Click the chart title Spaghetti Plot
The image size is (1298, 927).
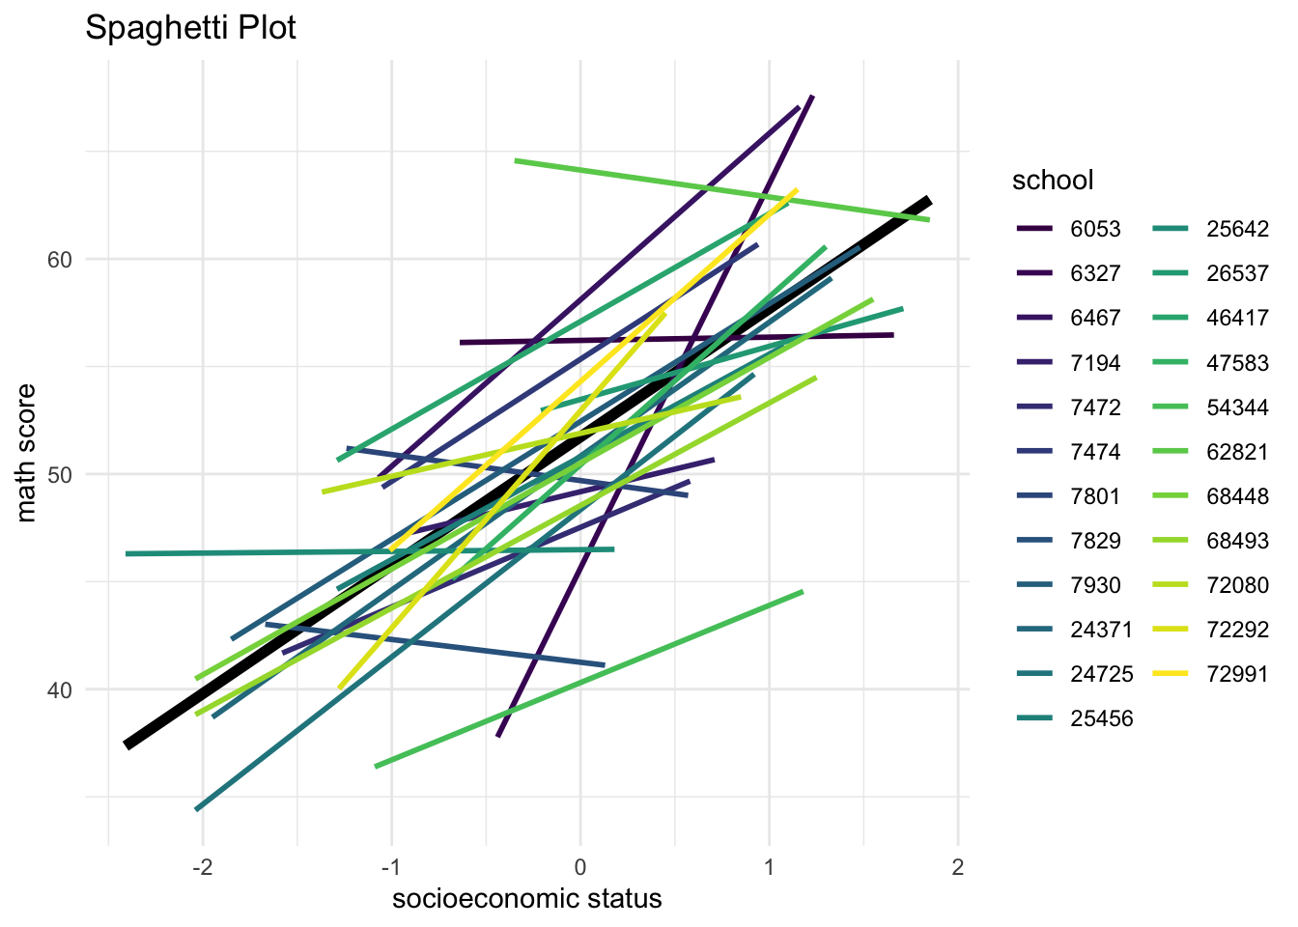(x=190, y=28)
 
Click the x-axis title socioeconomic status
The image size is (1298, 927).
(x=526, y=899)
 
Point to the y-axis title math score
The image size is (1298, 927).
(x=26, y=453)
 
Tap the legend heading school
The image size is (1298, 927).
(x=1053, y=180)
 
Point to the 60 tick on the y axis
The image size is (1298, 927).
(x=60, y=260)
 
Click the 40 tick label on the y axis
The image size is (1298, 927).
(x=60, y=689)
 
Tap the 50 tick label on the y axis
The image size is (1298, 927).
(x=60, y=474)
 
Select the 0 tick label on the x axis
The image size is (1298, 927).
(x=580, y=867)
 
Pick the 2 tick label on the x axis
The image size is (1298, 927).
(x=958, y=867)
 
